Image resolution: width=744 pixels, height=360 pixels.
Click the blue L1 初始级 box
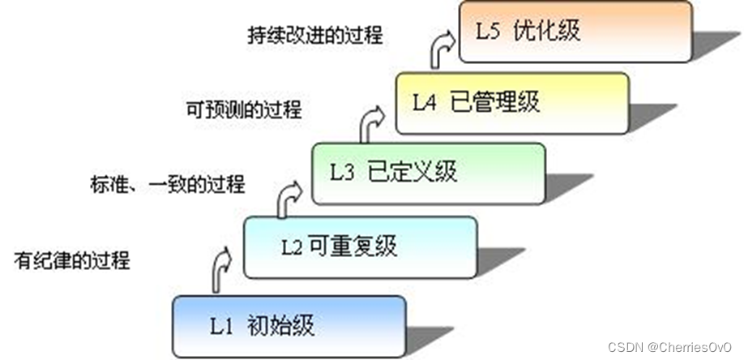pyautogui.click(x=289, y=326)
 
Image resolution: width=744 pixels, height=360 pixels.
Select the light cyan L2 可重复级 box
pyautogui.click(x=359, y=246)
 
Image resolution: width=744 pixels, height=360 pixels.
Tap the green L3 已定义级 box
pyautogui.click(x=429, y=173)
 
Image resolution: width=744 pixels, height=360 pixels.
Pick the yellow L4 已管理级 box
pyautogui.click(x=512, y=102)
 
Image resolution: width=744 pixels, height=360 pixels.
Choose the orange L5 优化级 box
pyautogui.click(x=575, y=32)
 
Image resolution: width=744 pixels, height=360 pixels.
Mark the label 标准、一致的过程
pyautogui.click(x=168, y=185)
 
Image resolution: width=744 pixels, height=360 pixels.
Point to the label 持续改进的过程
pyautogui.click(x=314, y=36)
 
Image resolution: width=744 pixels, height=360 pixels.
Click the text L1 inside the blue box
pyautogui.click(x=222, y=327)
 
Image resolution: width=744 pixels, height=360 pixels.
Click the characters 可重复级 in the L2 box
pyautogui.click(x=351, y=246)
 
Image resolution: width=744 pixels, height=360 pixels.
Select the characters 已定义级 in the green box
pyautogui.click(x=413, y=172)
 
